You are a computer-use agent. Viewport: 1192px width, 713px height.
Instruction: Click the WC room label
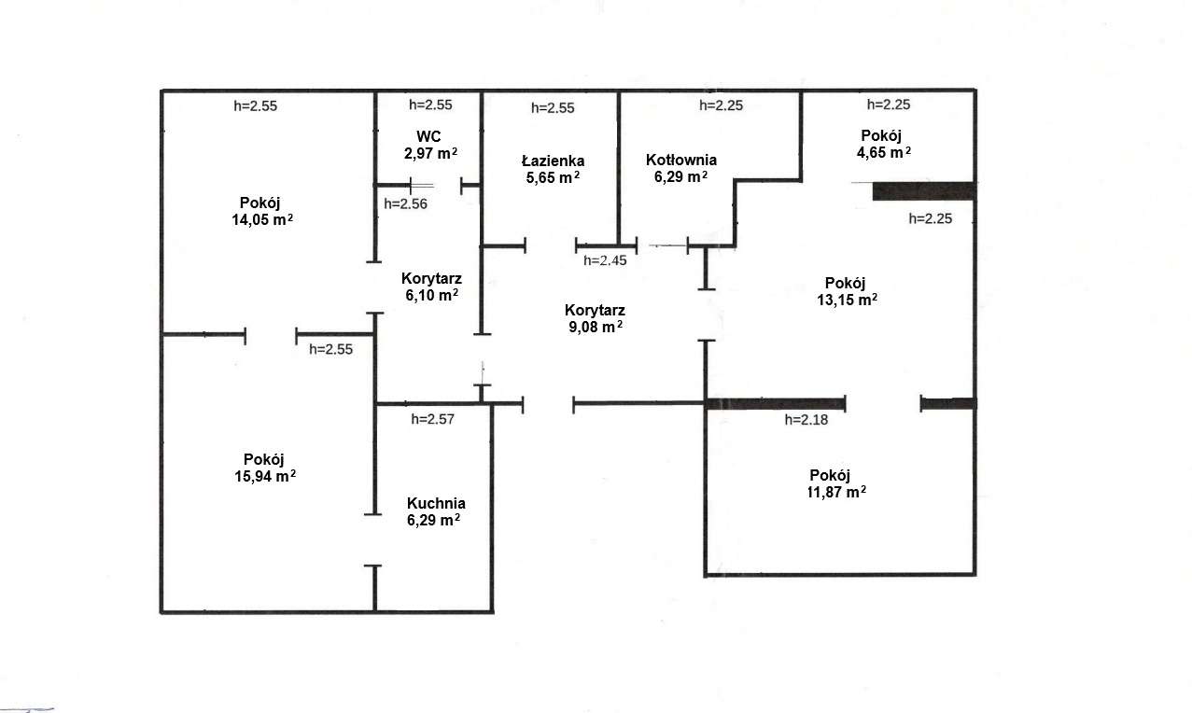click(428, 137)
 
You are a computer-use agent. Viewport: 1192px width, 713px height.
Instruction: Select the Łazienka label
click(553, 161)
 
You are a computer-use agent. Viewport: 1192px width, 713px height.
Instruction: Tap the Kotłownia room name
click(681, 160)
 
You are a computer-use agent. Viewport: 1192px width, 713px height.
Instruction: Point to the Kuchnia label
click(436, 503)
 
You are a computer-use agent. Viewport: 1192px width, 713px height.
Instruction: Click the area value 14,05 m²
click(262, 219)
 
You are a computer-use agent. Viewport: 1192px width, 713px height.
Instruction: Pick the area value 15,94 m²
click(265, 476)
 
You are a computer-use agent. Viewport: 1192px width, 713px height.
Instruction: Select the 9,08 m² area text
click(596, 327)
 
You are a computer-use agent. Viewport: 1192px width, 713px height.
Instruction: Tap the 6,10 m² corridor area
click(431, 295)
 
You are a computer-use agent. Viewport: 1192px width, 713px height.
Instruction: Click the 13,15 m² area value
click(848, 300)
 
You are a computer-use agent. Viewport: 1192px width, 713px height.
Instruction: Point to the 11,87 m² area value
click(836, 492)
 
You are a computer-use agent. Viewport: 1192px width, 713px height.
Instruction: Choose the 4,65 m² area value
click(883, 153)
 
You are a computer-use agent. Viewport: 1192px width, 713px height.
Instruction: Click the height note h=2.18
click(806, 420)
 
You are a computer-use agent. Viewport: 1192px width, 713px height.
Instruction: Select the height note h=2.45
click(605, 260)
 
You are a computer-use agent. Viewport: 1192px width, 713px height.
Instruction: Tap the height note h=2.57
click(432, 419)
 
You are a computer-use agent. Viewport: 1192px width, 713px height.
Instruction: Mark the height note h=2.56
click(405, 203)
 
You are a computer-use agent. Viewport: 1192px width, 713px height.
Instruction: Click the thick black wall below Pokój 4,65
click(924, 191)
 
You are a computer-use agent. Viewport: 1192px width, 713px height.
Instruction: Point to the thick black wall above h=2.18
click(775, 404)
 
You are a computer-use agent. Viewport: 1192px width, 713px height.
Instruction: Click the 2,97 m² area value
click(430, 154)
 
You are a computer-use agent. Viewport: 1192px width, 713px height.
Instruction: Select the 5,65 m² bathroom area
click(553, 177)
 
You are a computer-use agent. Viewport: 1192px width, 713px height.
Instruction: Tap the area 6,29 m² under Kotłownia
click(680, 176)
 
